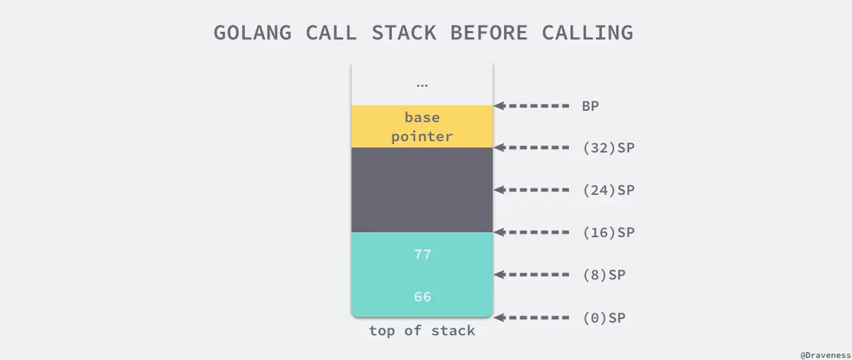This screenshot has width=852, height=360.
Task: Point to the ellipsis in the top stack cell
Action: (422, 85)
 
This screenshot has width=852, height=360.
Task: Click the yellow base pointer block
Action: (422, 126)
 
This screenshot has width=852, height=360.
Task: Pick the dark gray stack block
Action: (422, 189)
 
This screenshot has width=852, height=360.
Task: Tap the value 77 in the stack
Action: (422, 254)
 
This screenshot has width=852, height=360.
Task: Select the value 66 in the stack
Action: (422, 296)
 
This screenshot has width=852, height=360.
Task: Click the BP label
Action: (592, 106)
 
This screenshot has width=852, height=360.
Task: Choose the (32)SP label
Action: (608, 148)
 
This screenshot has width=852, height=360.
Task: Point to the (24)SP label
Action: (608, 190)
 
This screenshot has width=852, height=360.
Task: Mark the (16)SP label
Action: (608, 232)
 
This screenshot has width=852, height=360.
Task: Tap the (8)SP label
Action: (604, 275)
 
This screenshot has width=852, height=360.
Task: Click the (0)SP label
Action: (604, 318)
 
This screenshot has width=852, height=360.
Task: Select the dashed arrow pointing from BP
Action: (532, 106)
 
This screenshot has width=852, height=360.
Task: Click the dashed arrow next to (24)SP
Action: (532, 190)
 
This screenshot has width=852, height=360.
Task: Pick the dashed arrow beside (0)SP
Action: (532, 318)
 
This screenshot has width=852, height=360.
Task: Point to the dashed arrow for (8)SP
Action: (532, 275)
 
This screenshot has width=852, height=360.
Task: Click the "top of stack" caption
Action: (422, 330)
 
